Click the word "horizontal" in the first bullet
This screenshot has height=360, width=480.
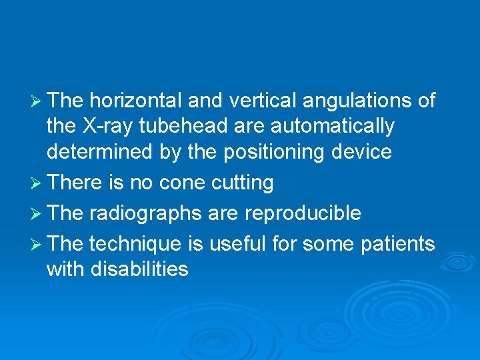[135, 101]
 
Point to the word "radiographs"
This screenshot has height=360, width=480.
[144, 214]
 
